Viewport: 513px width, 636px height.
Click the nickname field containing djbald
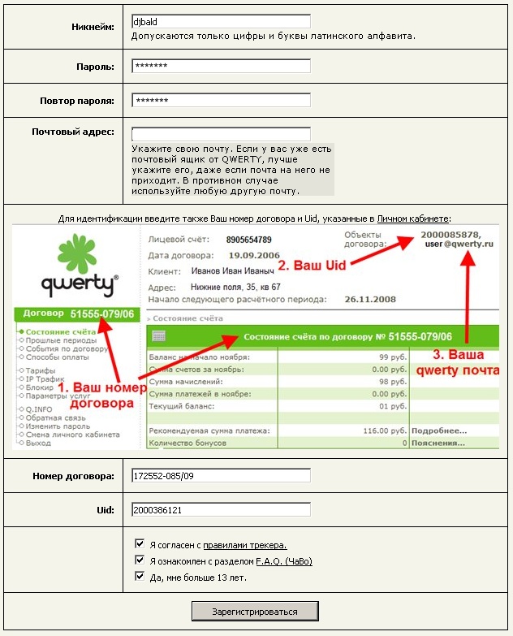(220, 22)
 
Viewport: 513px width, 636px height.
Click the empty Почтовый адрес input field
(220, 134)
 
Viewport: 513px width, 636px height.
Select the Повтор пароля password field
(220, 101)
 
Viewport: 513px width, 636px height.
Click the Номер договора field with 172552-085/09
(220, 477)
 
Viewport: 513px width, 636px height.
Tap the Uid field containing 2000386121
(220, 510)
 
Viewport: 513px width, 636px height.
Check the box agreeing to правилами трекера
(140, 545)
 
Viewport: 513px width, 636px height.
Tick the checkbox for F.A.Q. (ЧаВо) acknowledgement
(140, 561)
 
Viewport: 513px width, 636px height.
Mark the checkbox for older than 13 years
(140, 578)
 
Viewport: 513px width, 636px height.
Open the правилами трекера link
(244, 545)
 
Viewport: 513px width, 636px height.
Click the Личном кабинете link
(424, 218)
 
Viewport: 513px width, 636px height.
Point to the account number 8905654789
(249, 240)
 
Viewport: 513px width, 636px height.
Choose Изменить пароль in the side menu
(57, 426)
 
